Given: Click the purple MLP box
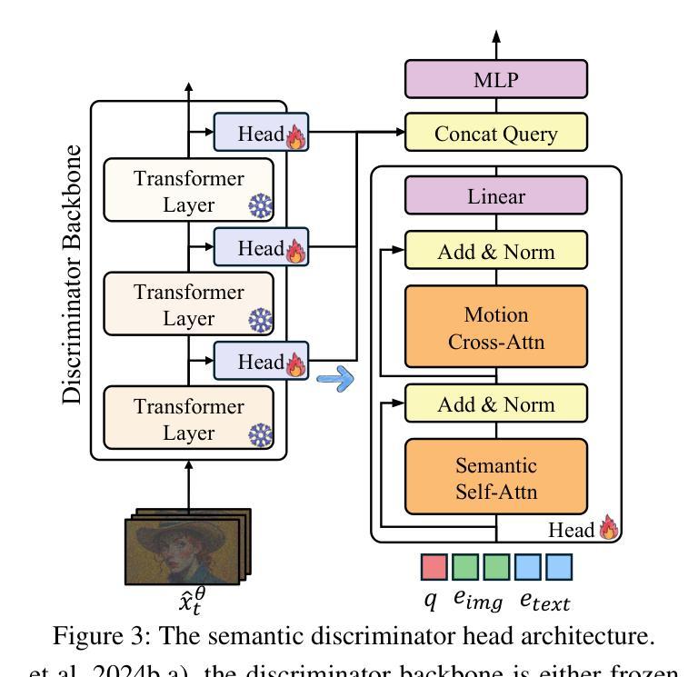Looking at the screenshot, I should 495,79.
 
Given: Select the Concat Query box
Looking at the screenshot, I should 495,134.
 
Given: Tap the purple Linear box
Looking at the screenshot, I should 495,196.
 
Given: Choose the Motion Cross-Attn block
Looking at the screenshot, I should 495,328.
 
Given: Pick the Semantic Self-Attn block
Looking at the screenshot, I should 495,479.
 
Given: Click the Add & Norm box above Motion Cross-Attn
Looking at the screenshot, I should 495,251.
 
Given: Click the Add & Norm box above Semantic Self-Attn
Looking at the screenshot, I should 495,404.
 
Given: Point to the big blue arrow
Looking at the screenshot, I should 334,378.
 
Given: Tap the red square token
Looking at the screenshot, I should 434,567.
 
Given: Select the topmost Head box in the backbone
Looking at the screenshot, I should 262,133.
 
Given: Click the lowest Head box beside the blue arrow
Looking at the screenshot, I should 262,361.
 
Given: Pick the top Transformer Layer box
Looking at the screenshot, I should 189,190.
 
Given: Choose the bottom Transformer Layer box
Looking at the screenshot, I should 189,418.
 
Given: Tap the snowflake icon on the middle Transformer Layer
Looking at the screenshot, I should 261,322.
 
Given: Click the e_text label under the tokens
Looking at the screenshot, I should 544,601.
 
